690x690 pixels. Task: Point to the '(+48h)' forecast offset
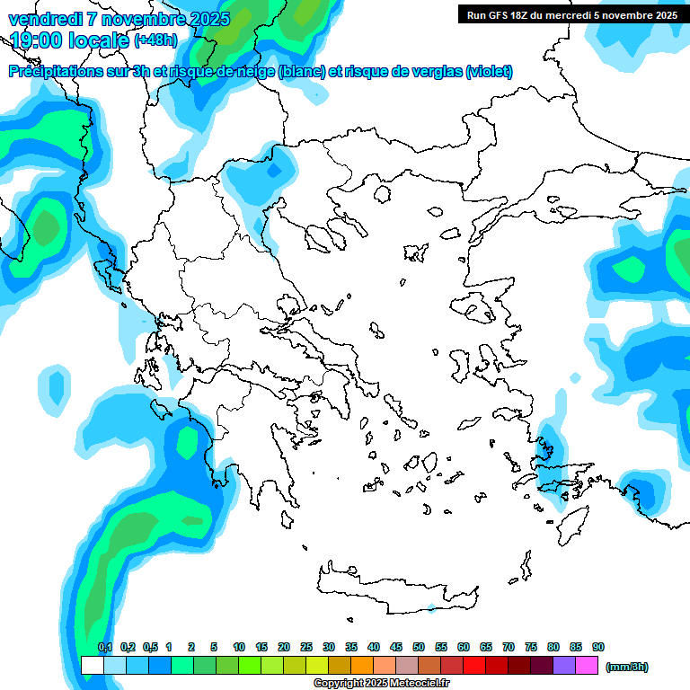[x=155, y=40]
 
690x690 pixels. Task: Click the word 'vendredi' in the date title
[x=45, y=18]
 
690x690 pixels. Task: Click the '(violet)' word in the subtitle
[x=490, y=72]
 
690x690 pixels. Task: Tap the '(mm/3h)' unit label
[x=627, y=667]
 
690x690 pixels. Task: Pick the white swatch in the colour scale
[x=93, y=665]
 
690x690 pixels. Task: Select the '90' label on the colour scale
[x=598, y=647]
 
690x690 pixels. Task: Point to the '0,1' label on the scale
[x=105, y=647]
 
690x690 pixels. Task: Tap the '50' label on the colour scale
[x=419, y=647]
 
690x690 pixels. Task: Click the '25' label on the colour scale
[x=306, y=647]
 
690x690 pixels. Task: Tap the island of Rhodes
[x=571, y=525]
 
